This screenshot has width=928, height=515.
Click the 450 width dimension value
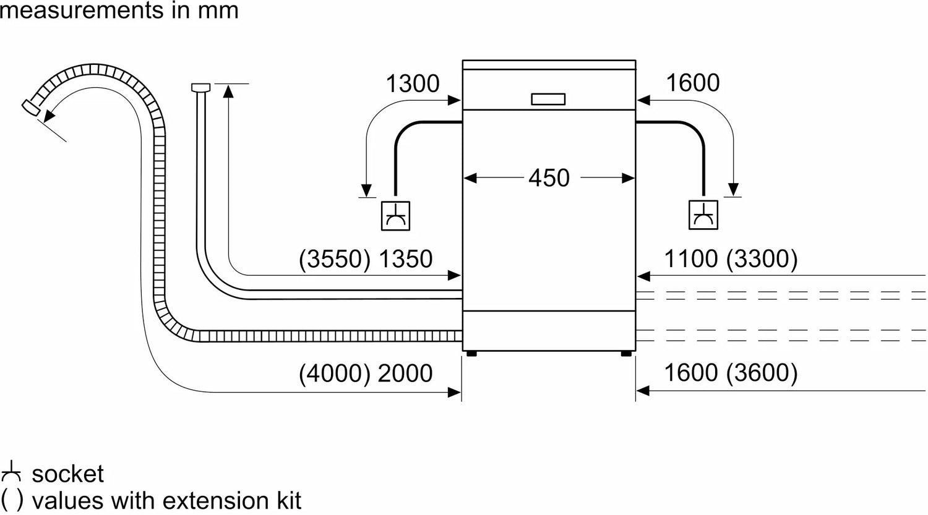pos(549,178)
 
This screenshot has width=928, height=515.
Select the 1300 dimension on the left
pos(412,84)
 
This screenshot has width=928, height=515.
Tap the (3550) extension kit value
pos(335,259)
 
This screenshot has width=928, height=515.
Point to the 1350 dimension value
pos(405,259)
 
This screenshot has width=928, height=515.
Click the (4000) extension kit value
pos(335,373)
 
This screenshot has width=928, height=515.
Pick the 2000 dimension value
pos(405,373)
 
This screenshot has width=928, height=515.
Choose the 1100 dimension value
pos(690,259)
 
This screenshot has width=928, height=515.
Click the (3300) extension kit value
pos(762,259)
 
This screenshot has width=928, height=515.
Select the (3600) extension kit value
pos(762,373)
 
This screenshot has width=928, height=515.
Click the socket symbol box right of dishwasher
pos(703,216)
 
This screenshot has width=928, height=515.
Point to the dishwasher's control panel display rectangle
pos(548,99)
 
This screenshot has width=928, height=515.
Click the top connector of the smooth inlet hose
pos(201,88)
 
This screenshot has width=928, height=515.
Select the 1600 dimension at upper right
pos(693,83)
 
